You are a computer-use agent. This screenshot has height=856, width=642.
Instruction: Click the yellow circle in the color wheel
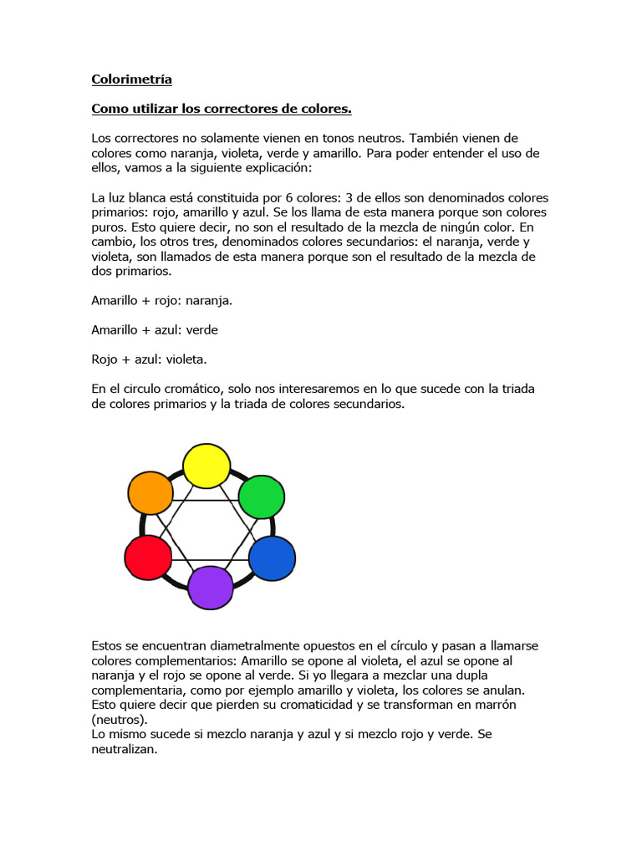tap(206, 466)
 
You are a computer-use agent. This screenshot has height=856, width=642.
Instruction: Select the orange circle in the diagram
tap(150, 493)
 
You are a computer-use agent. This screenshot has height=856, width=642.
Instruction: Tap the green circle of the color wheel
tap(262, 497)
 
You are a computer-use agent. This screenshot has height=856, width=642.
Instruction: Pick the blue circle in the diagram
tap(273, 558)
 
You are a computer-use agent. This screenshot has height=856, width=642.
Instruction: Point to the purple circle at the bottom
tap(210, 587)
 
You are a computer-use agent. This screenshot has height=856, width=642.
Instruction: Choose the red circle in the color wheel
tap(148, 557)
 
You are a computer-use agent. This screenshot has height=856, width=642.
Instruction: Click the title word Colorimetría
tap(131, 79)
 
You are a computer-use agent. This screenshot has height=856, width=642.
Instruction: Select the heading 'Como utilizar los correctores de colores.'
tap(221, 110)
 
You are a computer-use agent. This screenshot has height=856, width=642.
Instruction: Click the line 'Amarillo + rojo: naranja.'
tap(161, 299)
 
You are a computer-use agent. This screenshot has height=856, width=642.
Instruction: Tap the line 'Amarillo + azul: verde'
tap(155, 329)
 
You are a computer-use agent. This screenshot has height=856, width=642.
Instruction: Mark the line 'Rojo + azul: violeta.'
tap(149, 359)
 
